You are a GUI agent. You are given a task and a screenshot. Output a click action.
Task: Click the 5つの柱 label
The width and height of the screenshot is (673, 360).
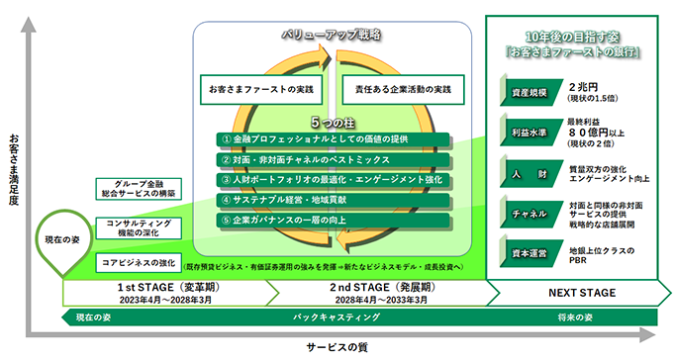click(x=328, y=124)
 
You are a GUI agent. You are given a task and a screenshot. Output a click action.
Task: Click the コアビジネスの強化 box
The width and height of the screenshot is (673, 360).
click(x=139, y=262)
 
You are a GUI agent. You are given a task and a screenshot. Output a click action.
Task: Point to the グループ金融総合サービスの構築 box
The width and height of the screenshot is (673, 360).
click(x=139, y=189)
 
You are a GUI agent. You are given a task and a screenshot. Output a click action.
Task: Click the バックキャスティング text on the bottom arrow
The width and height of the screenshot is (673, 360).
click(x=337, y=317)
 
